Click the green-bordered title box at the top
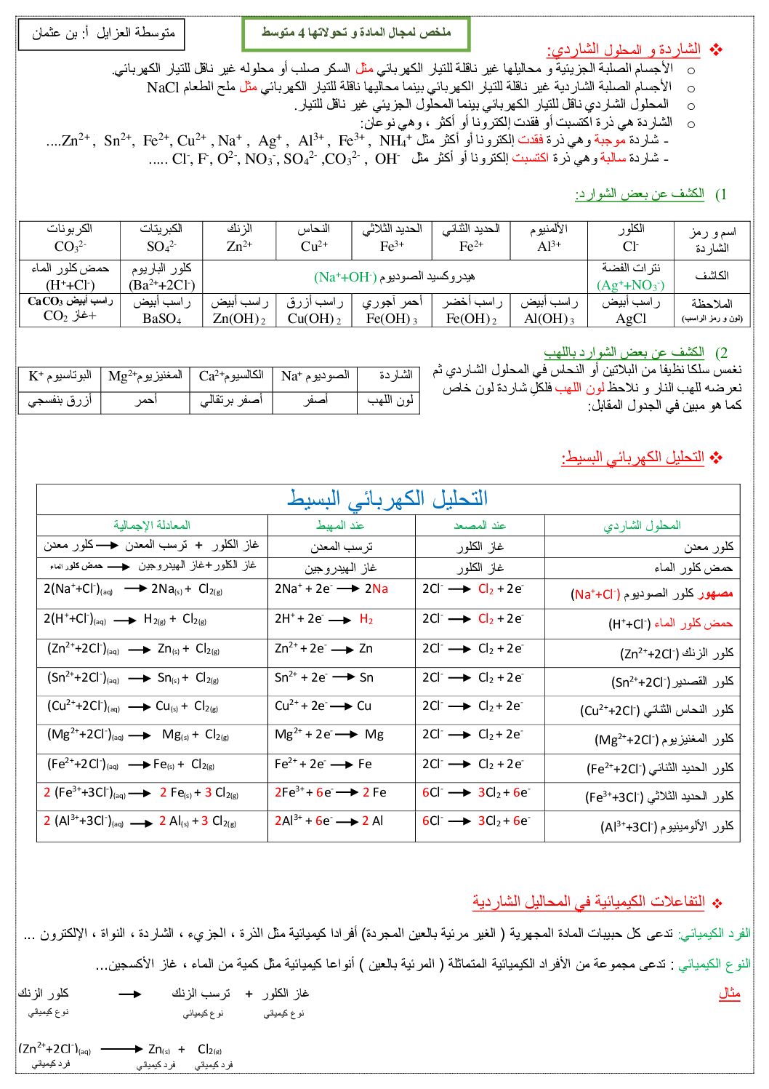tap(356, 33)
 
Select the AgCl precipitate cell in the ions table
tap(630, 311)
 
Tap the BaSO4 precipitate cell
tap(161, 311)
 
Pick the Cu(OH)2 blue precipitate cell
tap(314, 311)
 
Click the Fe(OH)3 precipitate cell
tap(392, 311)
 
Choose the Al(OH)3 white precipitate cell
tap(549, 311)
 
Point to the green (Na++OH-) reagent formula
tap(345, 277)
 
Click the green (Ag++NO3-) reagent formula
tap(630, 285)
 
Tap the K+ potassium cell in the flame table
tap(60, 376)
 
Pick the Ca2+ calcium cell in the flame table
tap(231, 376)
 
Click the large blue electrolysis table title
tap(387, 498)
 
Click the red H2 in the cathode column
tap(366, 619)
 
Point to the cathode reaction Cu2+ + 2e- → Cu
tap(323, 706)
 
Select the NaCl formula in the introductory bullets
tap(162, 87)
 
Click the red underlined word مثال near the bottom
tap(729, 994)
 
